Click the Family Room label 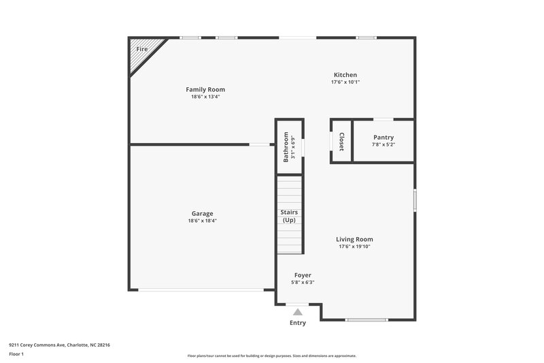coord(205,89)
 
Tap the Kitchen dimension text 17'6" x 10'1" coord(345,82)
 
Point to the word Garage coord(202,213)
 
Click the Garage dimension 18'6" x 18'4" coord(202,221)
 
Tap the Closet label coord(341,142)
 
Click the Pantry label coord(383,137)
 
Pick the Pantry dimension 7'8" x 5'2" coord(383,144)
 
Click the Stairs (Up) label coord(289,216)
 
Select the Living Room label coord(354,239)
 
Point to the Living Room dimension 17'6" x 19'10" coord(354,247)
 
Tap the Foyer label coord(303,275)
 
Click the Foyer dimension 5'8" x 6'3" coord(303,283)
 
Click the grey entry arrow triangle coord(298,312)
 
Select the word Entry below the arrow coord(298,323)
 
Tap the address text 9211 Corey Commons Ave coord(41,345)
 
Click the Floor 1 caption coord(16,354)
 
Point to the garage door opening coord(201,291)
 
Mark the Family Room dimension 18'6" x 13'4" coord(205,97)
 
